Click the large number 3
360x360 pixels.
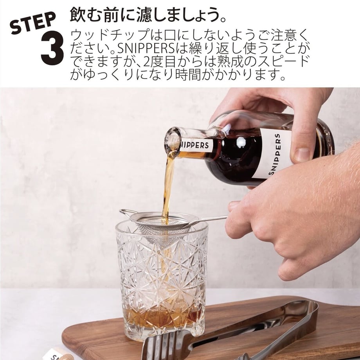[52, 48]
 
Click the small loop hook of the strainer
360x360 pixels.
[126, 213]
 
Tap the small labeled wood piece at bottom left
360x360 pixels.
[56, 355]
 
